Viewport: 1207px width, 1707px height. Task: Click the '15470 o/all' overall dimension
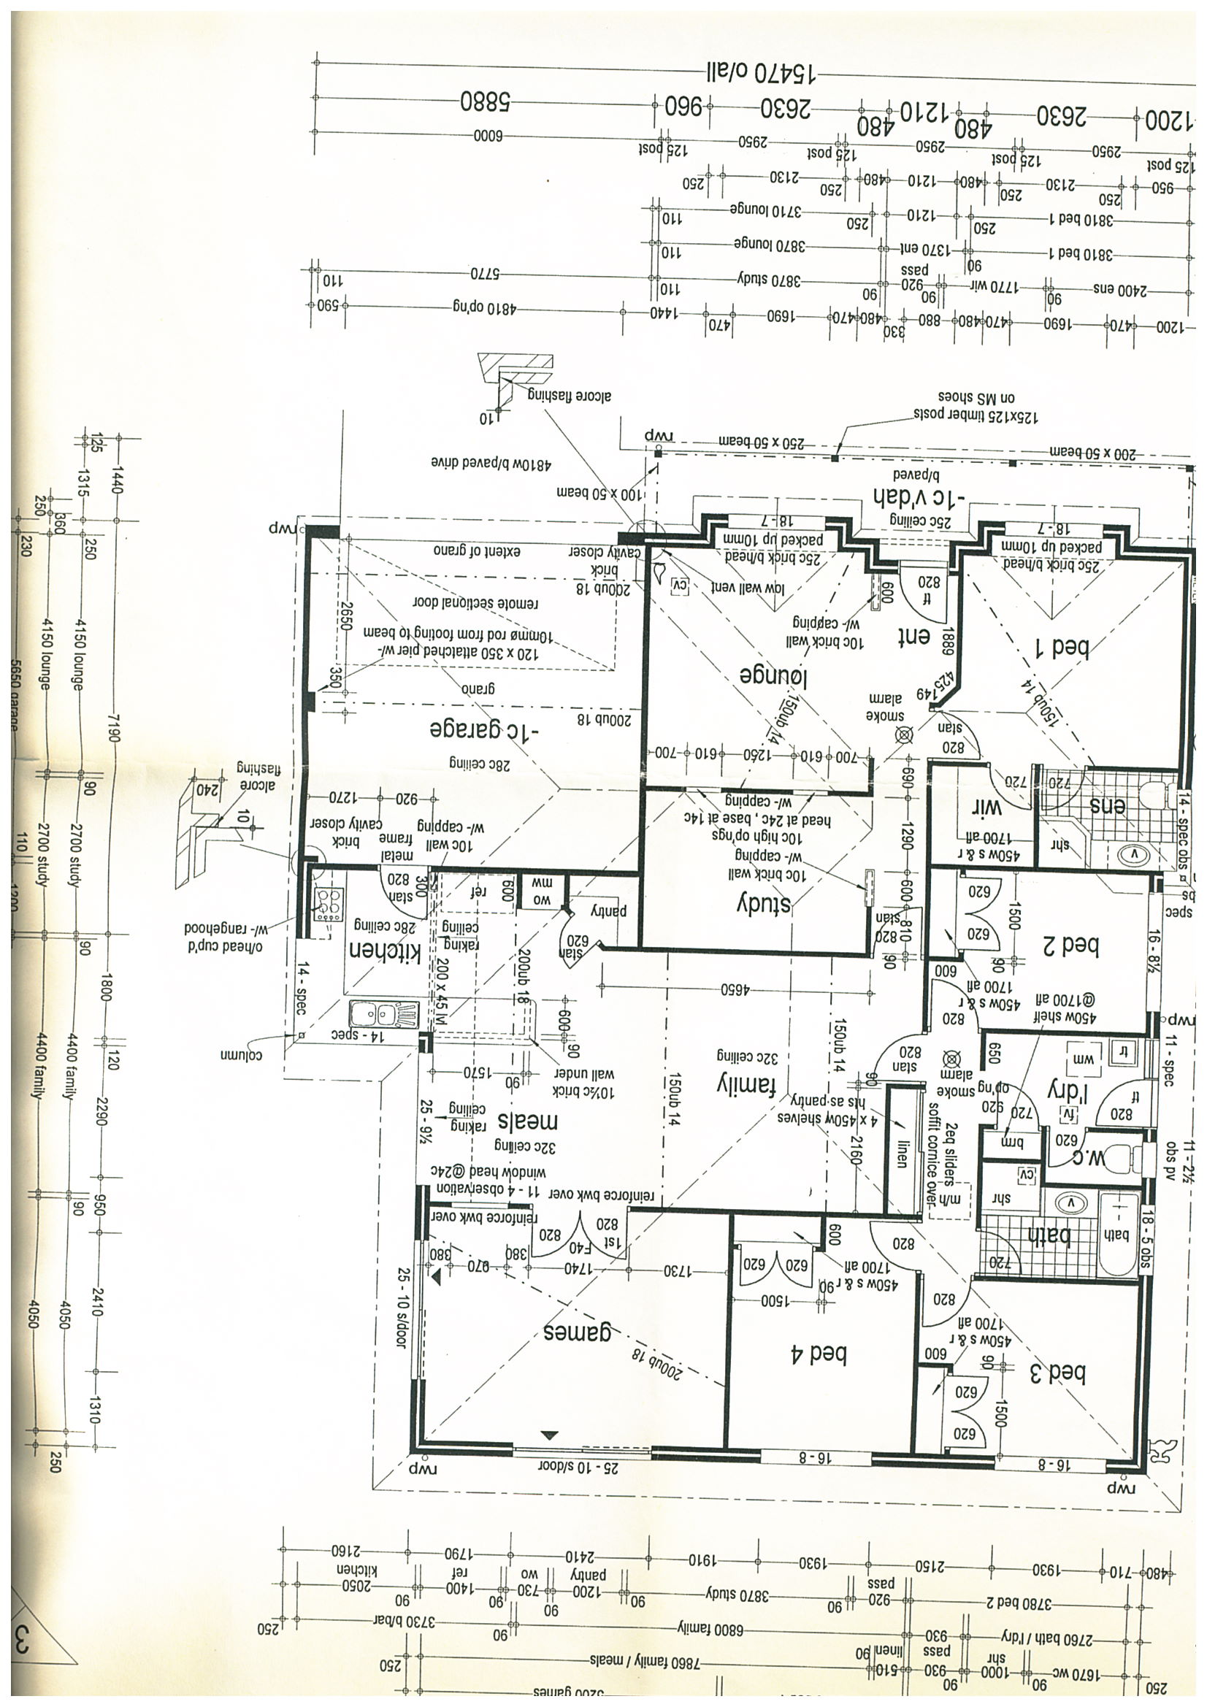pos(759,73)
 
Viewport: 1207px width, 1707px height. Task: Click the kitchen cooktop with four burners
pos(328,905)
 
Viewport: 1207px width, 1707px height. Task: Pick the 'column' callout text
pos(241,1055)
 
